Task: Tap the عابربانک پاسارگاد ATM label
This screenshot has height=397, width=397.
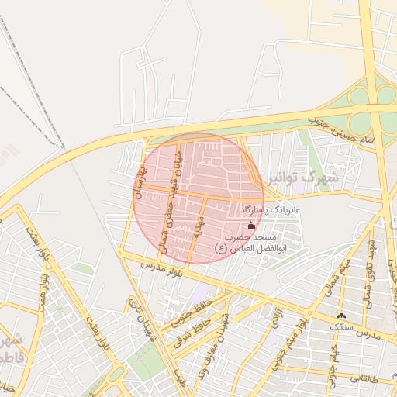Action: point(276,210)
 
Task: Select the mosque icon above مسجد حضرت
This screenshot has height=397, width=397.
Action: point(250,225)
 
